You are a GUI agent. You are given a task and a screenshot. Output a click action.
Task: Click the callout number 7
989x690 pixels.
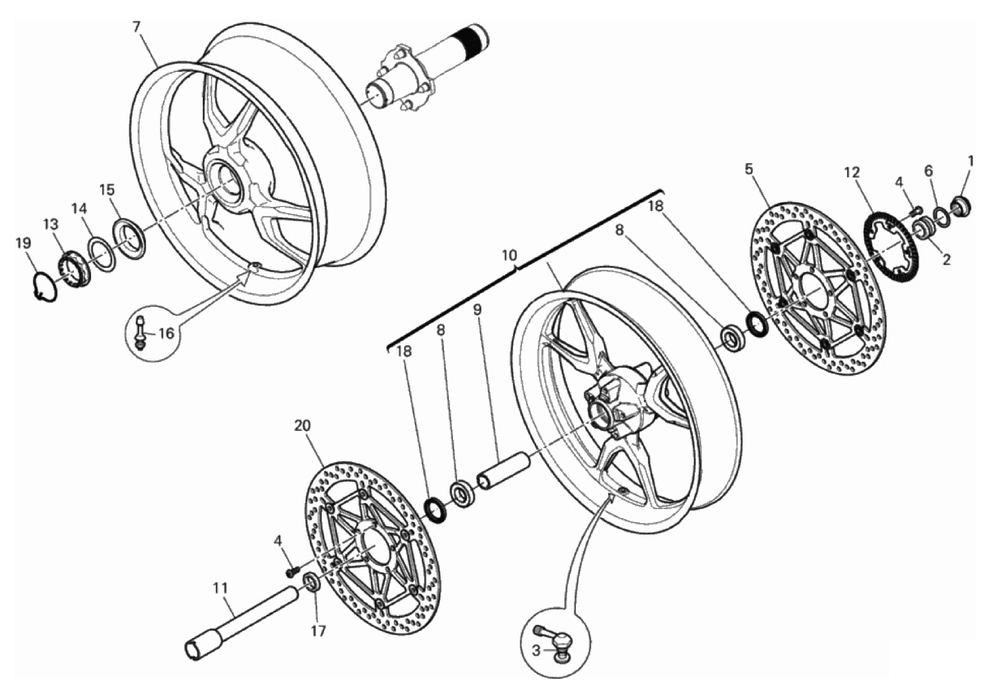pyautogui.click(x=136, y=27)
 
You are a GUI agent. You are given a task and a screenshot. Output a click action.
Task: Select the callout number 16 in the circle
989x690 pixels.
pyautogui.click(x=166, y=334)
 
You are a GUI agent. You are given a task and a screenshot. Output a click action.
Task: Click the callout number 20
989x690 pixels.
pyautogui.click(x=302, y=426)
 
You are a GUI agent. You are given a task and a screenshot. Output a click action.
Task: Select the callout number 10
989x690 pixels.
pyautogui.click(x=509, y=256)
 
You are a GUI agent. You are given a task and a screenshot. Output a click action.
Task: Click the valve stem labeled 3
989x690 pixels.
pyautogui.click(x=558, y=641)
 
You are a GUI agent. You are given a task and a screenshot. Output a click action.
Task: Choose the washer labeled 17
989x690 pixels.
pyautogui.click(x=311, y=583)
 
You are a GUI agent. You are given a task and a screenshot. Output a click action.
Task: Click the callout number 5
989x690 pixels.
pyautogui.click(x=749, y=169)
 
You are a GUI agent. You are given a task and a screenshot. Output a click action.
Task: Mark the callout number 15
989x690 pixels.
pyautogui.click(x=107, y=190)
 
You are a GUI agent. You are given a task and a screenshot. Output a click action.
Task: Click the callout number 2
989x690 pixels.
pyautogui.click(x=946, y=260)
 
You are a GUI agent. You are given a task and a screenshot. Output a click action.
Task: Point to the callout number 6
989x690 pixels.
pyautogui.click(x=929, y=171)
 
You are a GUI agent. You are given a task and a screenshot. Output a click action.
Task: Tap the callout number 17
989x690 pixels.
pyautogui.click(x=318, y=631)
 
